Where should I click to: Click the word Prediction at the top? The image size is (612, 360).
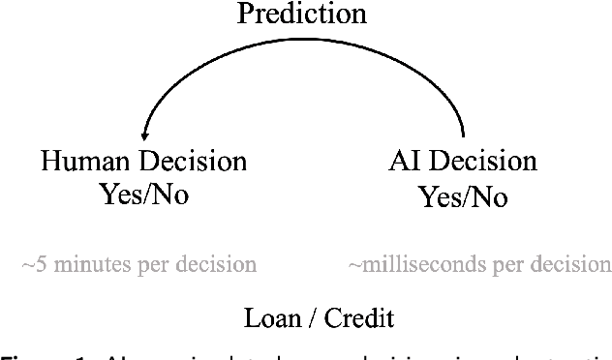coord(303,15)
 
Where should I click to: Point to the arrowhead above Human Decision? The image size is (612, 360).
coord(144,135)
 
